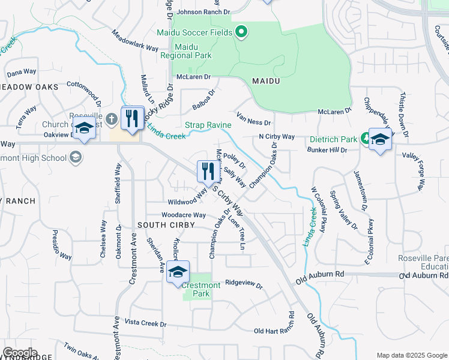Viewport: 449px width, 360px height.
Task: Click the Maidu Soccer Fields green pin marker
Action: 241,32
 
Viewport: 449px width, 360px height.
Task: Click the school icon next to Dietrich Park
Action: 380,139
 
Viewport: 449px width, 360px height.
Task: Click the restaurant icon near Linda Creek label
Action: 132,118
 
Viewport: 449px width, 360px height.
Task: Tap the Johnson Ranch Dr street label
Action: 202,11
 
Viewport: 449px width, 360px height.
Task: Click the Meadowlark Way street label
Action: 135,43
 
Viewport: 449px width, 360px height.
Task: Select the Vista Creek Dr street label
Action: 145,323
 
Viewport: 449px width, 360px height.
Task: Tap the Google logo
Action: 20,353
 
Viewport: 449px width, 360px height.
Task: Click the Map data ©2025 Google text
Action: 411,355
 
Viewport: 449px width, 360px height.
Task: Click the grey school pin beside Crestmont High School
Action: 76,158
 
